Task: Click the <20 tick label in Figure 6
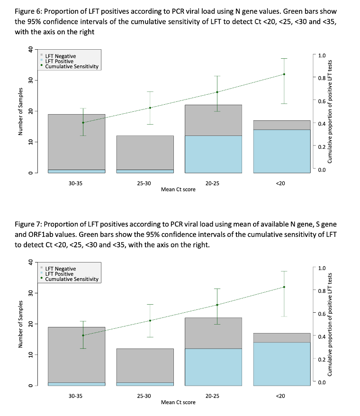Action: [x=280, y=182]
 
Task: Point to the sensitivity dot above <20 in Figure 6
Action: [x=284, y=74]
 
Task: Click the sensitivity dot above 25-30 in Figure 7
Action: [x=150, y=320]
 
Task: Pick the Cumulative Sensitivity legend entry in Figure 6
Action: [x=72, y=67]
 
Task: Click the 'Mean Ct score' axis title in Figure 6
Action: [x=178, y=189]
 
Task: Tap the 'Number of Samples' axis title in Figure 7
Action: [x=20, y=324]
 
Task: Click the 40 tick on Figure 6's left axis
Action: [x=30, y=49]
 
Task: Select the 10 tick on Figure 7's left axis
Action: [x=30, y=355]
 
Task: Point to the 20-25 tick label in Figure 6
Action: [x=213, y=182]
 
